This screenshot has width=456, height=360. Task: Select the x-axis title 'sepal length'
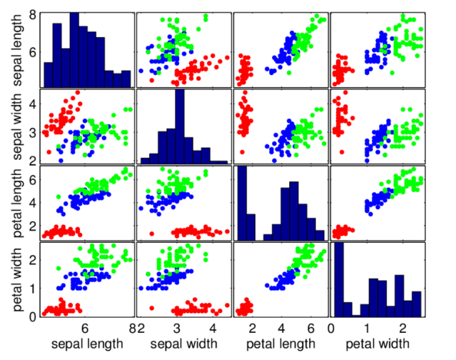pyautogui.click(x=85, y=344)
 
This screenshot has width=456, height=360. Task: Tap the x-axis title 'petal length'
pyautogui.click(x=280, y=344)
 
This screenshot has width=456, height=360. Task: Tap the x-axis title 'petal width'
pyautogui.click(x=378, y=344)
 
